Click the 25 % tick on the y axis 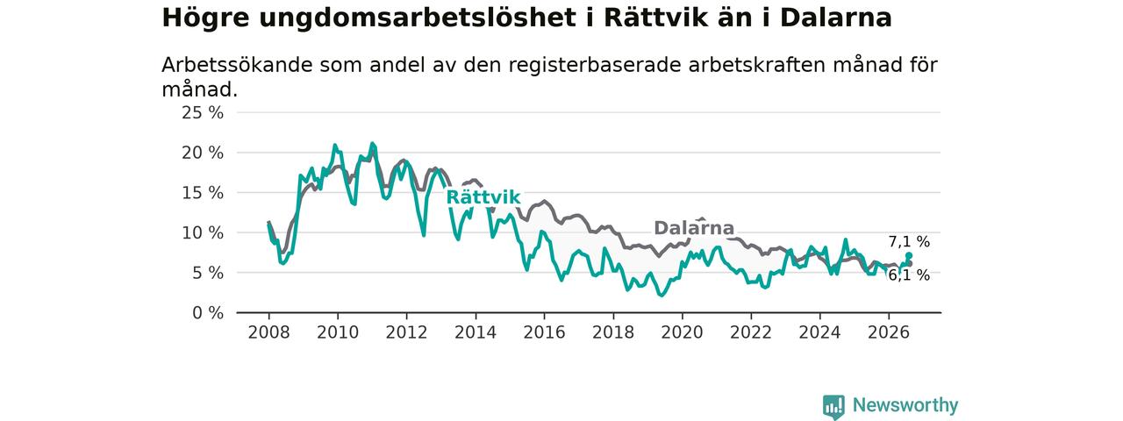coord(203,113)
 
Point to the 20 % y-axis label coord(203,153)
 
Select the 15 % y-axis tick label coord(203,193)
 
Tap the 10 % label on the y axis coord(203,233)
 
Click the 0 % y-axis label coord(208,313)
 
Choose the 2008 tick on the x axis coord(268,332)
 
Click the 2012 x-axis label coord(406,332)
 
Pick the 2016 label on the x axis coord(545,332)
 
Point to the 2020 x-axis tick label coord(682,332)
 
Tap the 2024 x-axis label coord(819,332)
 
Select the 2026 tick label coord(889,332)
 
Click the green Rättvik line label coord(483,197)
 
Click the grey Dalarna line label coord(694,228)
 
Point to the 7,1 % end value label coord(909,242)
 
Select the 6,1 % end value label coord(909,275)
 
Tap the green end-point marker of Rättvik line coord(909,255)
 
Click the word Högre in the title coord(205,18)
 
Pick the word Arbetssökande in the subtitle coord(237,65)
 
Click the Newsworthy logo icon coord(833,406)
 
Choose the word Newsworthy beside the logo coord(905,405)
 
